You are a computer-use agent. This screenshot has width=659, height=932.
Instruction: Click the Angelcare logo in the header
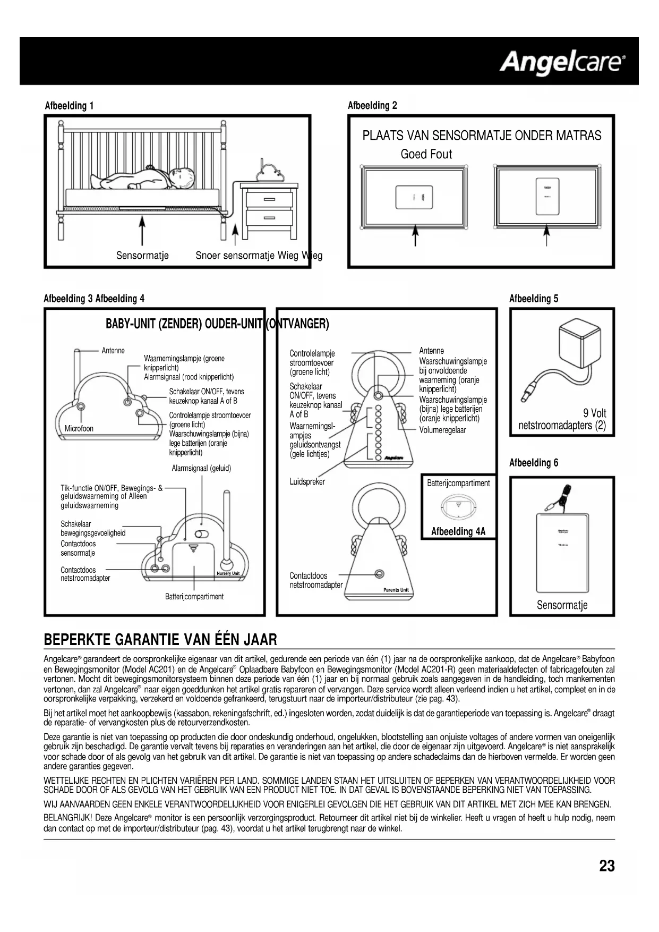(562, 62)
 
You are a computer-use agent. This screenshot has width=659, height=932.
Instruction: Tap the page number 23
(607, 866)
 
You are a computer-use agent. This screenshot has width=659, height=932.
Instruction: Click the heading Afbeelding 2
(372, 105)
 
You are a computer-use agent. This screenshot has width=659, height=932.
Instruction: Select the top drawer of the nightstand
(269, 199)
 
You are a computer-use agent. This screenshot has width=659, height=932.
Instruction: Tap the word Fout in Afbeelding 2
(441, 154)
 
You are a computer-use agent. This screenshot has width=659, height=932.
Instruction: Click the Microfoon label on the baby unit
(79, 428)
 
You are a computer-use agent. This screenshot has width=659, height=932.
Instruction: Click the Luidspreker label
(307, 482)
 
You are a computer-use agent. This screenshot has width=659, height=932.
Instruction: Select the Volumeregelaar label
(442, 430)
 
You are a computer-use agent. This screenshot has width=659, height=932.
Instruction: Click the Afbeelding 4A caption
(458, 531)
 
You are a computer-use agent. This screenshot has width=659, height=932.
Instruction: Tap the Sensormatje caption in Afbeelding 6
(562, 605)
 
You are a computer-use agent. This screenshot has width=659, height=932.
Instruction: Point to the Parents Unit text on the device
(396, 590)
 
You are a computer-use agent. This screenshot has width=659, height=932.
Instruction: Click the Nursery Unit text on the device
(228, 573)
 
